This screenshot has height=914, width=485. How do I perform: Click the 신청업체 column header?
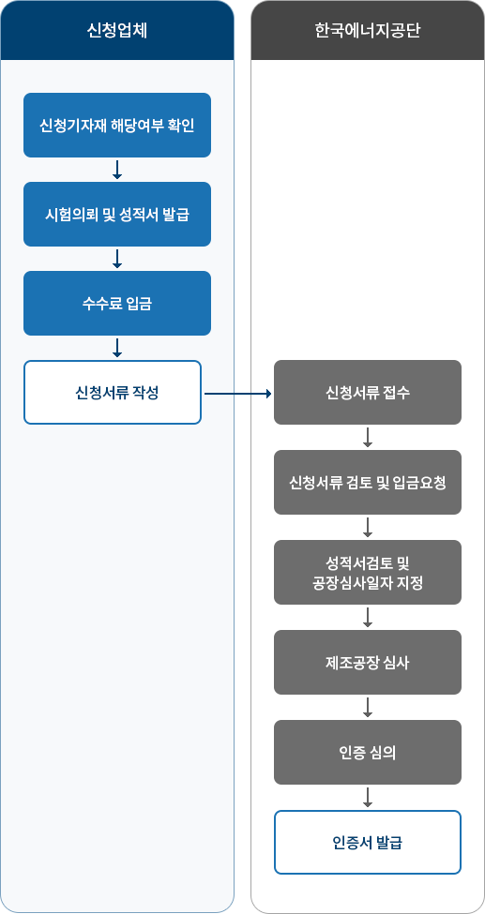[x=116, y=30]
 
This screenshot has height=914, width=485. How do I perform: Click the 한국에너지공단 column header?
[x=368, y=30]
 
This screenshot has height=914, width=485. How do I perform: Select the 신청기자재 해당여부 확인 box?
[x=116, y=126]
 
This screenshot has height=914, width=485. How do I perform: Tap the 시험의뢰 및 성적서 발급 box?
[x=116, y=214]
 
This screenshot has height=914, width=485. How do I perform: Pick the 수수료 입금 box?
[x=116, y=303]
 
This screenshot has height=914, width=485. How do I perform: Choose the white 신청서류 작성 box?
[x=113, y=392]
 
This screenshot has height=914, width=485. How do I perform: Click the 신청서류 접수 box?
[x=368, y=392]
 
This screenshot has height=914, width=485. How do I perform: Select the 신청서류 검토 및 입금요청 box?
[x=368, y=482]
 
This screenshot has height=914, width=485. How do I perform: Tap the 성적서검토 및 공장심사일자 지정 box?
[x=368, y=573]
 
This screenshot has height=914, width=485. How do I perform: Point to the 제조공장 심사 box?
[x=368, y=662]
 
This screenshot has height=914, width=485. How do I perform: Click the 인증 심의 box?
[x=368, y=753]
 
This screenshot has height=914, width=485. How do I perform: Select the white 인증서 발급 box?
[x=368, y=843]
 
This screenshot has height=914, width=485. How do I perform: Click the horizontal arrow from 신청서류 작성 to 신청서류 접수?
[x=238, y=394]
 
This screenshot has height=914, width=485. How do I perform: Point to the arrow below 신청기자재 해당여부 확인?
[x=116, y=170]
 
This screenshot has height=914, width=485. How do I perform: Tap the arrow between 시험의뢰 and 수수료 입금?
[x=116, y=259]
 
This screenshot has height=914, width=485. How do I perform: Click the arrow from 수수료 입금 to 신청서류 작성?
[x=116, y=348]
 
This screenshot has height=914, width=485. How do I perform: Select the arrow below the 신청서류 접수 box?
[x=368, y=437]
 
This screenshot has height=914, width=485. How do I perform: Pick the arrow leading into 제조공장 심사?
[x=368, y=617]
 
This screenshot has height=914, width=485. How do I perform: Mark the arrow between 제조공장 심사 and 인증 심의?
[x=368, y=707]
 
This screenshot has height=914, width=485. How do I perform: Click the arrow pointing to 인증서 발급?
[x=368, y=798]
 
